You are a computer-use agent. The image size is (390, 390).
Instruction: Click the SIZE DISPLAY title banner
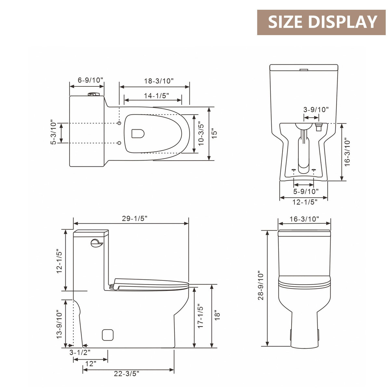321,22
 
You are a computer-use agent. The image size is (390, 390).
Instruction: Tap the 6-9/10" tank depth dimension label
89,80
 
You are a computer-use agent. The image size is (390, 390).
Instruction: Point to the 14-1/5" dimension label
156,96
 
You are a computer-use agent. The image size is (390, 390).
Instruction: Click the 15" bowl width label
214,133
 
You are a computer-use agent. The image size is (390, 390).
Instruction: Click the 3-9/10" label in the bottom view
316,110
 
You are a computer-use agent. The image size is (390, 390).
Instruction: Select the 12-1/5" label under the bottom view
305,201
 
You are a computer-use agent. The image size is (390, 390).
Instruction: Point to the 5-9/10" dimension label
306,191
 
